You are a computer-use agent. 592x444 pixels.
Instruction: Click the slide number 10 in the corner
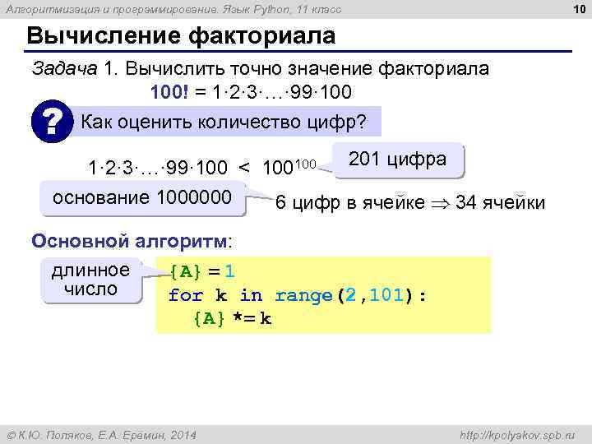pos(576,9)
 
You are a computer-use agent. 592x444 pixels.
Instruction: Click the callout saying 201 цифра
pos(398,160)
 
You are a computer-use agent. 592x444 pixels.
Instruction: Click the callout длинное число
pos(90,280)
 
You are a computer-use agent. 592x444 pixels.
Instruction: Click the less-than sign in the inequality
pos(244,169)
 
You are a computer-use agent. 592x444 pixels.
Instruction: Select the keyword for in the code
pos(185,295)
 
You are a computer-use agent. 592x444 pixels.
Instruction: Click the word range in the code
pos(303,295)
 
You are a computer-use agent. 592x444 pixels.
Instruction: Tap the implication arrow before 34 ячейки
pos(440,202)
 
